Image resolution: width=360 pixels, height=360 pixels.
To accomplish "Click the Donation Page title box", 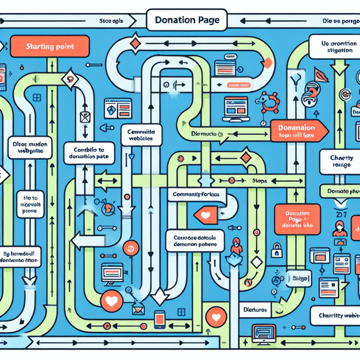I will pos(186,21).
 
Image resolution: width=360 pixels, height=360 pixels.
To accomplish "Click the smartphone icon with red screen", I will pos(158,320).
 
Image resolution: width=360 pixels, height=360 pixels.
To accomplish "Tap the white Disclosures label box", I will pos(255,310).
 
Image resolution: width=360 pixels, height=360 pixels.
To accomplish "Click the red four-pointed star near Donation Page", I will pos(135,45).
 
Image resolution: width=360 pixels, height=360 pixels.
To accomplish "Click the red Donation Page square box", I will pos(294,218).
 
